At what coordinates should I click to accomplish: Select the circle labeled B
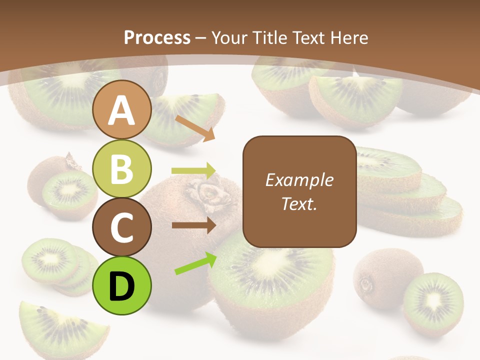point(122,168)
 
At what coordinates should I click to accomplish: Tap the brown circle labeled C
point(122,227)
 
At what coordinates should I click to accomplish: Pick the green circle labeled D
point(122,285)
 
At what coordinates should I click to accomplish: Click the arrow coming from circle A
point(195,128)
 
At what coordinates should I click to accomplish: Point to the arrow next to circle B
point(193,171)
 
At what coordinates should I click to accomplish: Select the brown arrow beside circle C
point(194,225)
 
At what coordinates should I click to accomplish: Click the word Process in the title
point(157,37)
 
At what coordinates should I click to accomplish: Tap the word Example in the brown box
point(299,180)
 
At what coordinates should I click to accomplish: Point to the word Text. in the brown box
point(299,203)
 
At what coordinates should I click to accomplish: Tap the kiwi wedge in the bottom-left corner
point(60,327)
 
